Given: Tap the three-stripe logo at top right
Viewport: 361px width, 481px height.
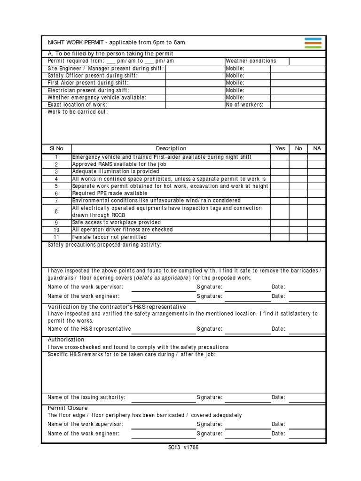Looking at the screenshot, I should tap(313, 43).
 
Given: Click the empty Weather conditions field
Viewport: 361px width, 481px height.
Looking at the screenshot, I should tap(306, 61).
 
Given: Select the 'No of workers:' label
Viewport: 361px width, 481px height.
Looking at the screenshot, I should tap(244, 105).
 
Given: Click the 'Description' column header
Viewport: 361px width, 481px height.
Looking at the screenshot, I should tap(171, 148).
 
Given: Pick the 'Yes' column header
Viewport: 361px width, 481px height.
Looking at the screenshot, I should tap(280, 148).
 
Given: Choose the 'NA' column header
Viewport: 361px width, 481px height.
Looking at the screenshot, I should tap(317, 148).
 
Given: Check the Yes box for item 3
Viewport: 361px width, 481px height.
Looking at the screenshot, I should tap(280, 172).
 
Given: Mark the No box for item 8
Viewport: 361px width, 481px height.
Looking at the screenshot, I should tap(298, 211).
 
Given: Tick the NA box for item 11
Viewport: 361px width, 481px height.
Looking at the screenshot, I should tap(317, 237).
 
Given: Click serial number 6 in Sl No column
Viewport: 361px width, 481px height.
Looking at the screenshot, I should tap(56, 194).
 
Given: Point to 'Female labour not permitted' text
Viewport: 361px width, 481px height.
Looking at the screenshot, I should tap(110, 237).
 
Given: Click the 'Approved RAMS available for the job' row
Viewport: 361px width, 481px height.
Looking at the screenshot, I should tap(119, 164).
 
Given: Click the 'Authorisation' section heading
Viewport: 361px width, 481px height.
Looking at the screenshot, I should tap(66, 339).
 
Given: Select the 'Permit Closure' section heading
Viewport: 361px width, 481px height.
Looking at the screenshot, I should tap(68, 408).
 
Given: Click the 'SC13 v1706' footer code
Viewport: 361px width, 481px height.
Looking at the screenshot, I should tap(183, 448).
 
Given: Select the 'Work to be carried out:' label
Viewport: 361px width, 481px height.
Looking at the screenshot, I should tap(78, 112).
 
